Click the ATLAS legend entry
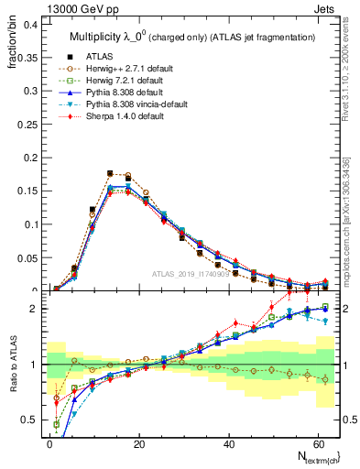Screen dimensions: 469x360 coord(98,56)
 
